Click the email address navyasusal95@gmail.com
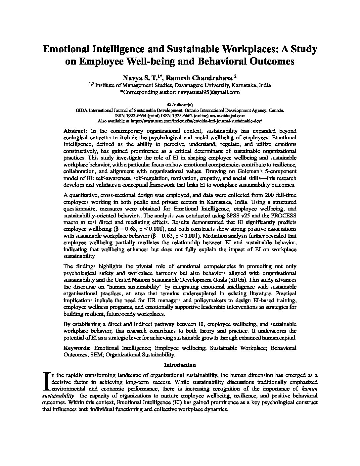click(208, 92)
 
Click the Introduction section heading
click(180, 365)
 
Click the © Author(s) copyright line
click(180, 104)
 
